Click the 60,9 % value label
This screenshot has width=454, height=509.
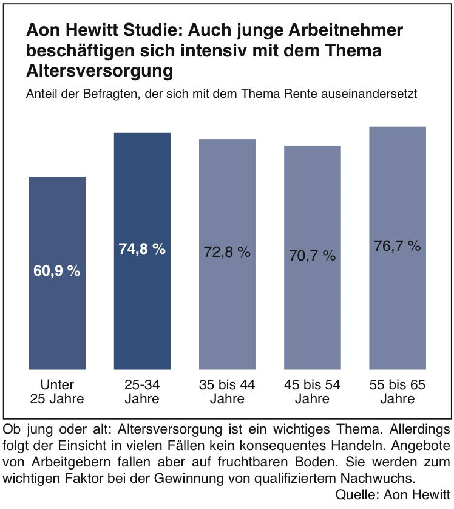(x=57, y=271)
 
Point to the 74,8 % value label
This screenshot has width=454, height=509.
(x=142, y=249)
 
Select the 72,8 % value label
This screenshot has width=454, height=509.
(x=228, y=252)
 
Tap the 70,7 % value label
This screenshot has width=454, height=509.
(x=313, y=256)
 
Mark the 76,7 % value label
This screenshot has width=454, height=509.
(x=398, y=246)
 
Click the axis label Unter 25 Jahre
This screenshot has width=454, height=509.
(x=57, y=392)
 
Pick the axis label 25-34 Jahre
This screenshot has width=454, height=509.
(x=142, y=392)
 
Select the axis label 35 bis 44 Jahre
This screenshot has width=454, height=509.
(x=228, y=392)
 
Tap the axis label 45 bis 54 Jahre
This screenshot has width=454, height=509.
(x=313, y=392)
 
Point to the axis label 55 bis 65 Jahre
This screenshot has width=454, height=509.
(x=398, y=392)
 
